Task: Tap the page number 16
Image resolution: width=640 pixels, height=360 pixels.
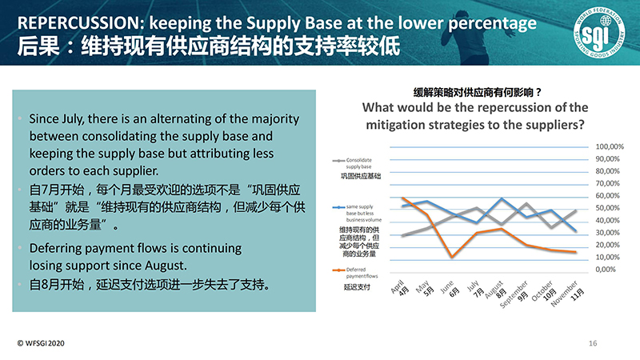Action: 593,343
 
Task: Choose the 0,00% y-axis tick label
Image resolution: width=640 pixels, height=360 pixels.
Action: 608,270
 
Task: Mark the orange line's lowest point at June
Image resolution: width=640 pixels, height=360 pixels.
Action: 452,257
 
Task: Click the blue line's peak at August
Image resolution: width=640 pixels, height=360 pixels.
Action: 501,198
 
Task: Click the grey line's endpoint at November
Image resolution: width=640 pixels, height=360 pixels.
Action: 576,210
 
